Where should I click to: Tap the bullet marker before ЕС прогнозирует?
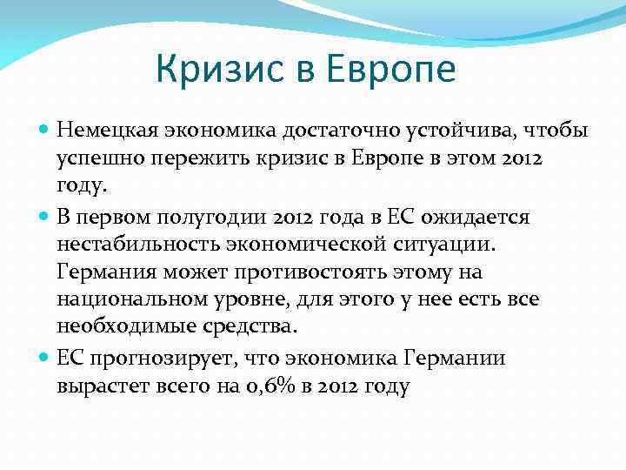coord(45,358)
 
